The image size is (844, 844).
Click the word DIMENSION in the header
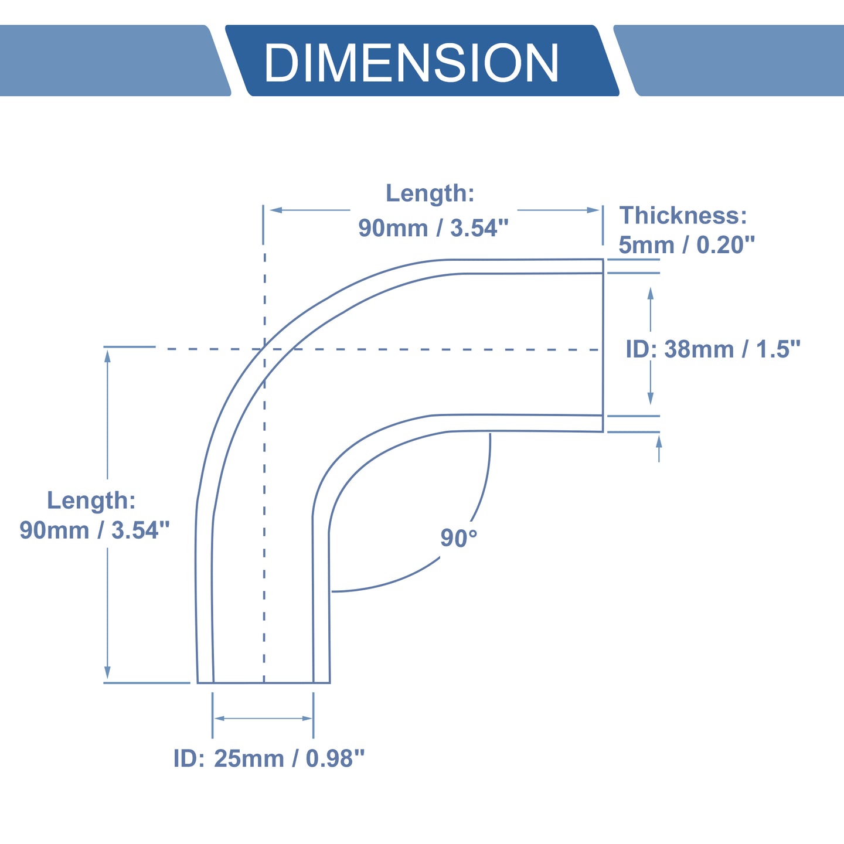(411, 63)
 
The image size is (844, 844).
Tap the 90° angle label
(458, 538)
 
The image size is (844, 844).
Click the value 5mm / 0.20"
(687, 245)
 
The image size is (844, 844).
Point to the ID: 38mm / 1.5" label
(713, 349)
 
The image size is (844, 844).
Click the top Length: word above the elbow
(430, 193)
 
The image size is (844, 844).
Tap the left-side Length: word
(91, 500)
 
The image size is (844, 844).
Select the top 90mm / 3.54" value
(434, 228)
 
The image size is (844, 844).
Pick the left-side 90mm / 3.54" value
(94, 530)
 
